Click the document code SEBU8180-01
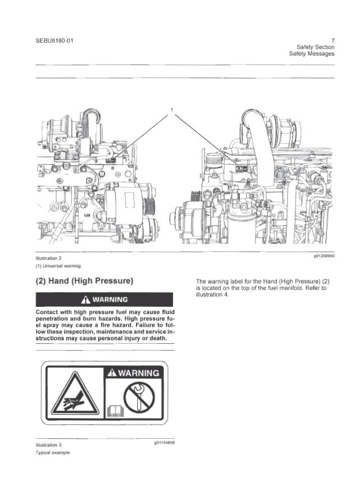point(54,41)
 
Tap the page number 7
point(332,40)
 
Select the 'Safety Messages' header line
point(312,54)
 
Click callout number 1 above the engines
point(172,110)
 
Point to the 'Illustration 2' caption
point(48,258)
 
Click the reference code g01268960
point(324,256)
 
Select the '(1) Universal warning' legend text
point(58,266)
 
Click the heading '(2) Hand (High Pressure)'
point(84,281)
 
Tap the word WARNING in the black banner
point(110,299)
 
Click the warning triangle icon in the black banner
point(86,299)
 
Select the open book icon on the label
point(115,411)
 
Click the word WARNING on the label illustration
point(139,373)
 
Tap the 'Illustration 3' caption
point(48,445)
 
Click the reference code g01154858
point(164,443)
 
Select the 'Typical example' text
point(53,452)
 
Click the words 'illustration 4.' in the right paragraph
point(212,295)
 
